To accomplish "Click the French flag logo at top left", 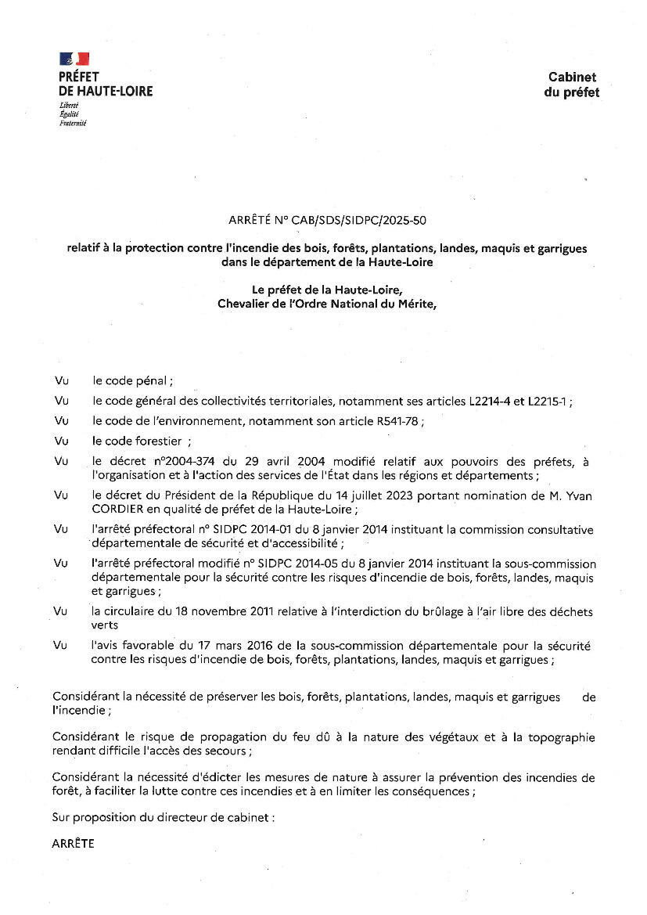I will click(x=74, y=59).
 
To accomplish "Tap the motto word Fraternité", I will click(x=72, y=123).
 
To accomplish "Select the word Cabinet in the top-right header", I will click(x=572, y=77).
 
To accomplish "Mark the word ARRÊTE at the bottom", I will click(x=73, y=843).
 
